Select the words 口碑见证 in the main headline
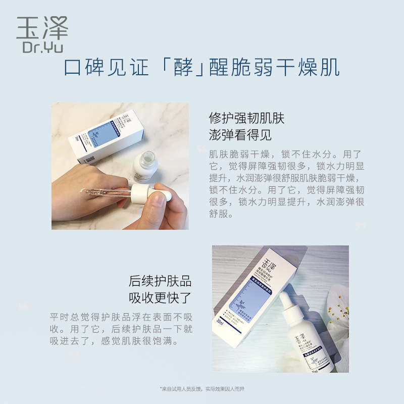point(107,68)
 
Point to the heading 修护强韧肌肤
point(247,119)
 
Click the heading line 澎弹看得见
point(240,135)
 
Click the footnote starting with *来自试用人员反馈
point(202,389)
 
